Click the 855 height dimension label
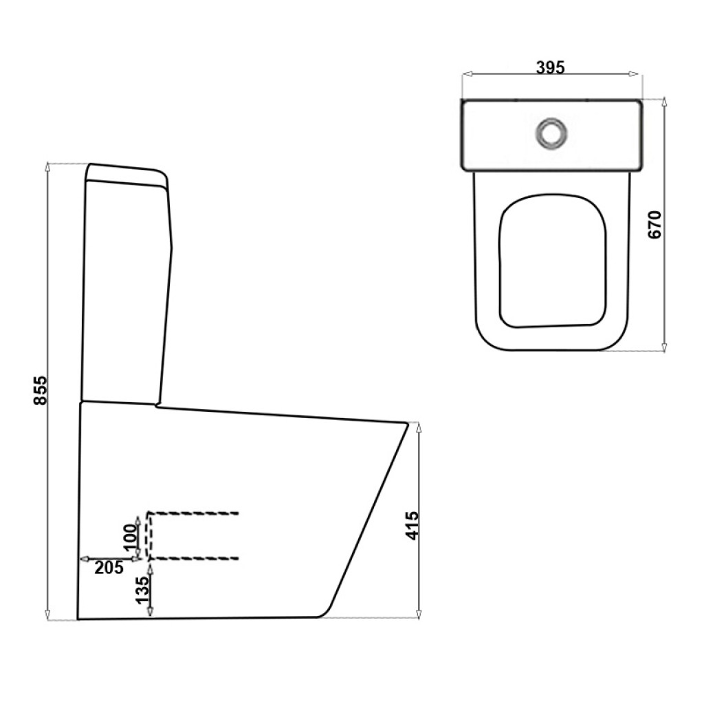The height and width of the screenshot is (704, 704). tap(41, 390)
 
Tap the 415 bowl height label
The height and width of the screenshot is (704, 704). tap(411, 525)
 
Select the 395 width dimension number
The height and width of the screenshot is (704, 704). tap(551, 67)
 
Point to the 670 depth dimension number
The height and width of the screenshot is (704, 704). tap(655, 225)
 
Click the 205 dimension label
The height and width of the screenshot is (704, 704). tap(109, 568)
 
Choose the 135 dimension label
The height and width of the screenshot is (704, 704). tap(142, 589)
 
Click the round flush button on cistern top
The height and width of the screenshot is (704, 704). tap(551, 133)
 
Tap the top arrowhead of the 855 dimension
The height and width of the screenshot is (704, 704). tap(47, 167)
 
